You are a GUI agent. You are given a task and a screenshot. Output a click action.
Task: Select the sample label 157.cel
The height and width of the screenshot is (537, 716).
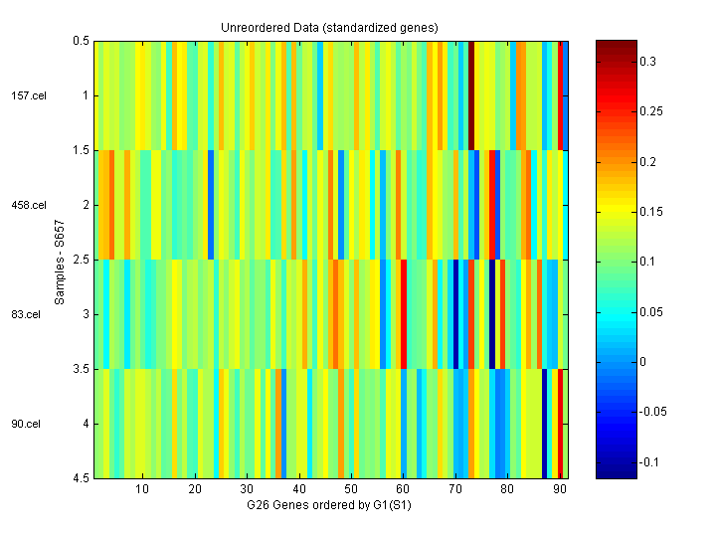tap(27, 95)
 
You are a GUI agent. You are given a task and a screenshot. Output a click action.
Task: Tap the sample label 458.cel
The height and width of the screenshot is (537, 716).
tap(27, 205)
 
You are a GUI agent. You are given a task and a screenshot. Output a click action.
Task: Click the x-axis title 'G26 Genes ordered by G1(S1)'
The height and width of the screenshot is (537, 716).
tap(330, 505)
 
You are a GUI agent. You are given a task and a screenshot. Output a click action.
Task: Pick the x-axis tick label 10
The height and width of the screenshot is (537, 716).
tap(142, 490)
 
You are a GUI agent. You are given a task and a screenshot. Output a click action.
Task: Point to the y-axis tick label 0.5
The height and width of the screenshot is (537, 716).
tap(81, 41)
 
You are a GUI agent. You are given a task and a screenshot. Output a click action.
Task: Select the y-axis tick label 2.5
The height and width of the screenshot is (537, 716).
tap(81, 260)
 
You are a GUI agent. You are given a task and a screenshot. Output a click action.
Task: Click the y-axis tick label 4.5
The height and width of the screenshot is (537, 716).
tap(81, 478)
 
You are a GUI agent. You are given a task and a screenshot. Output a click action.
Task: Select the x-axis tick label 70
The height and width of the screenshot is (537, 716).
tap(454, 490)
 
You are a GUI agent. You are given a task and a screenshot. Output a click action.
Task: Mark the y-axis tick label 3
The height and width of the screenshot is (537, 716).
tap(86, 314)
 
